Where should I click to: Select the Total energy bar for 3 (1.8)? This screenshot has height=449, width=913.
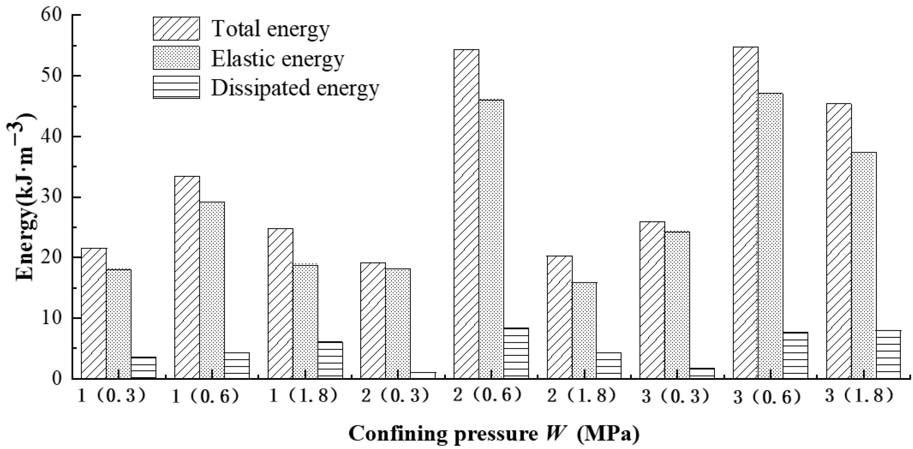click(838, 241)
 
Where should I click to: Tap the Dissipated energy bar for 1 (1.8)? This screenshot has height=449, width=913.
click(330, 360)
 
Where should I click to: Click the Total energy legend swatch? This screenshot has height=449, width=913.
click(176, 28)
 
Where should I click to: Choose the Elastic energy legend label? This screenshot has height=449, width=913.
click(277, 59)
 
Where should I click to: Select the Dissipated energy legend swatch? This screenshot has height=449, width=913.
click(176, 87)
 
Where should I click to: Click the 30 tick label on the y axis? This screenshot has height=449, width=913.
click(53, 197)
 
